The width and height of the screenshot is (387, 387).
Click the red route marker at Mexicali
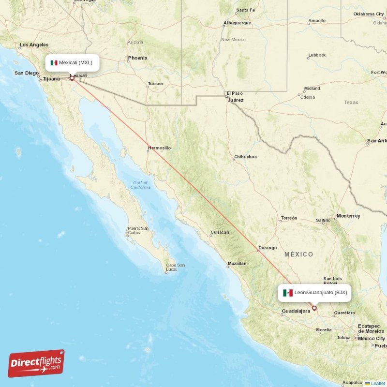[72, 77]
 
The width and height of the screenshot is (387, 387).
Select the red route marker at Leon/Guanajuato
[314, 308]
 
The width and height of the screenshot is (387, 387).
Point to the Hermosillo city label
[159, 148]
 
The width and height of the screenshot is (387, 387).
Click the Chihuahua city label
[245, 157]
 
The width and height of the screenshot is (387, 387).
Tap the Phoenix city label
[137, 58]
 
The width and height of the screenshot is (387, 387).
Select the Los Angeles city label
[34, 45]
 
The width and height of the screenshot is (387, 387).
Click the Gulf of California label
[140, 185]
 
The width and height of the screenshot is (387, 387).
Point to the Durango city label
[268, 248]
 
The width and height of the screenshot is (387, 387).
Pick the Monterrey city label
[348, 216]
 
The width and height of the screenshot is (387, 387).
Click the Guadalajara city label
[296, 311]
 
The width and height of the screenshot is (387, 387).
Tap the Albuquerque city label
[237, 23]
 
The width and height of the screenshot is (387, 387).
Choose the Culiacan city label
[219, 232]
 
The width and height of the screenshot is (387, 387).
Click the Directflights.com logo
[36, 363]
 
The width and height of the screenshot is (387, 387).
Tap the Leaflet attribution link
[377, 383]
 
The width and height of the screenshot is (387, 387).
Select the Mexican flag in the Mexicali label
[54, 63]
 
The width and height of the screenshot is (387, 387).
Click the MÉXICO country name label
[298, 254]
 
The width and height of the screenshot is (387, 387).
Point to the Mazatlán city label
[237, 264]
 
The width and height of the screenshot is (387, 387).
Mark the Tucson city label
[155, 84]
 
